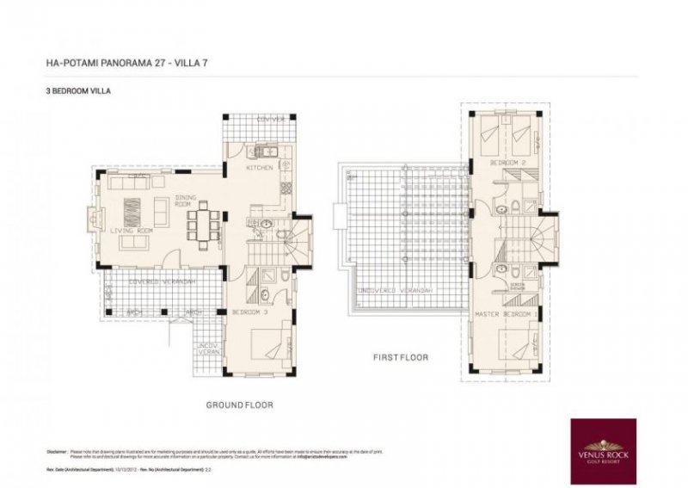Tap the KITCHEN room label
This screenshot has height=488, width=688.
pyautogui.click(x=260, y=168)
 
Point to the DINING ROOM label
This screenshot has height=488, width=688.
pyautogui.click(x=187, y=201)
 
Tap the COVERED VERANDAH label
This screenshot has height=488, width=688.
pyautogui.click(x=161, y=282)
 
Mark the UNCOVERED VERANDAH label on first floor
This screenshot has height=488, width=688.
pyautogui.click(x=396, y=292)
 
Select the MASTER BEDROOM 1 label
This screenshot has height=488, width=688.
pyautogui.click(x=507, y=315)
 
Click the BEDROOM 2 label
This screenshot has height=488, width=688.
pyautogui.click(x=507, y=163)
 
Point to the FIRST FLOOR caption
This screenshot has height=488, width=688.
pyautogui.click(x=401, y=356)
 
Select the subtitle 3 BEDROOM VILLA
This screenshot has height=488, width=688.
pyautogui.click(x=78, y=90)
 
